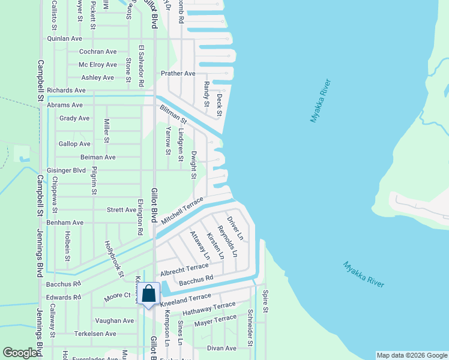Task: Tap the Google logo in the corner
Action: (x=20, y=353)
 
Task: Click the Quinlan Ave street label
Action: (x=65, y=38)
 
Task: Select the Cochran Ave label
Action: (x=98, y=52)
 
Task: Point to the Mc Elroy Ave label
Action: (x=98, y=65)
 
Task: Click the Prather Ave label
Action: (x=178, y=73)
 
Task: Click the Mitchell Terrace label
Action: (x=182, y=209)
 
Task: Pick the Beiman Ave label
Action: (x=98, y=157)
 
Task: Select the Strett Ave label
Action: (x=121, y=210)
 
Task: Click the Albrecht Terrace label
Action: (x=184, y=268)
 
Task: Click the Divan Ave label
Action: (x=222, y=348)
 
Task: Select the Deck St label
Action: (x=219, y=104)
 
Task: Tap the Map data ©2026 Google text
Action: (x=411, y=355)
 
